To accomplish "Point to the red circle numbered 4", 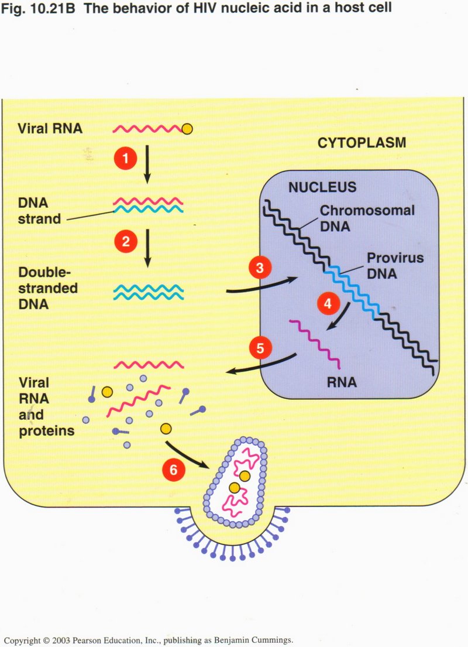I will (328, 304).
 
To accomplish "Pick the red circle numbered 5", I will (260, 348).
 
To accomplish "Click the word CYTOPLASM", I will (361, 143).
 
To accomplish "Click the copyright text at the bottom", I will (148, 641).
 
